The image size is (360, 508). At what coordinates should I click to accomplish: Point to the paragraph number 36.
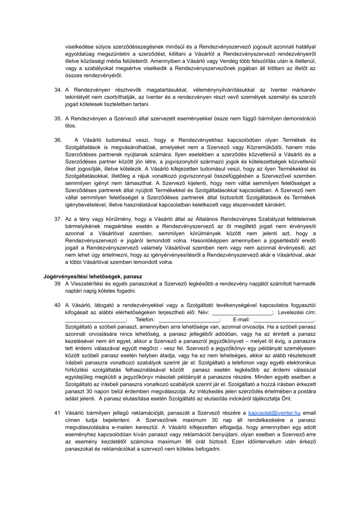(58, 140)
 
